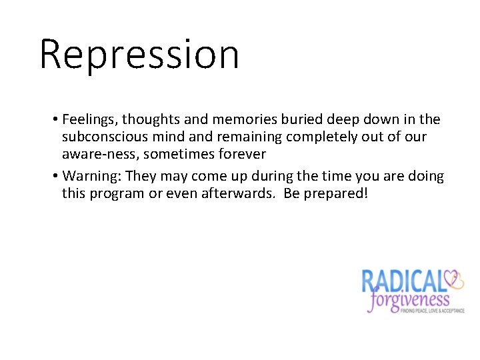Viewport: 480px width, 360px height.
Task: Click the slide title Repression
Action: (x=139, y=54)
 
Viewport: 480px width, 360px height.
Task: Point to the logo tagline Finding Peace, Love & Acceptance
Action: (x=432, y=311)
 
